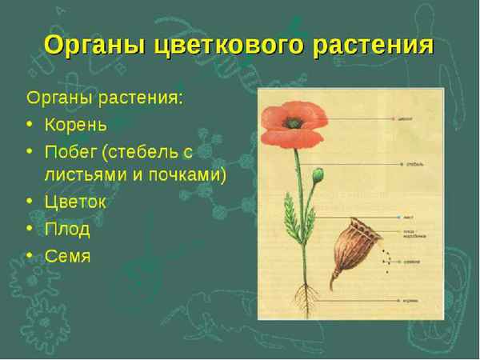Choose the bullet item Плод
67,230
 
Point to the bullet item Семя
67,256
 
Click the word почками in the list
188,174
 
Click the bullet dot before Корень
30,126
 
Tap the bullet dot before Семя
30,257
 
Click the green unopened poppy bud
318,174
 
